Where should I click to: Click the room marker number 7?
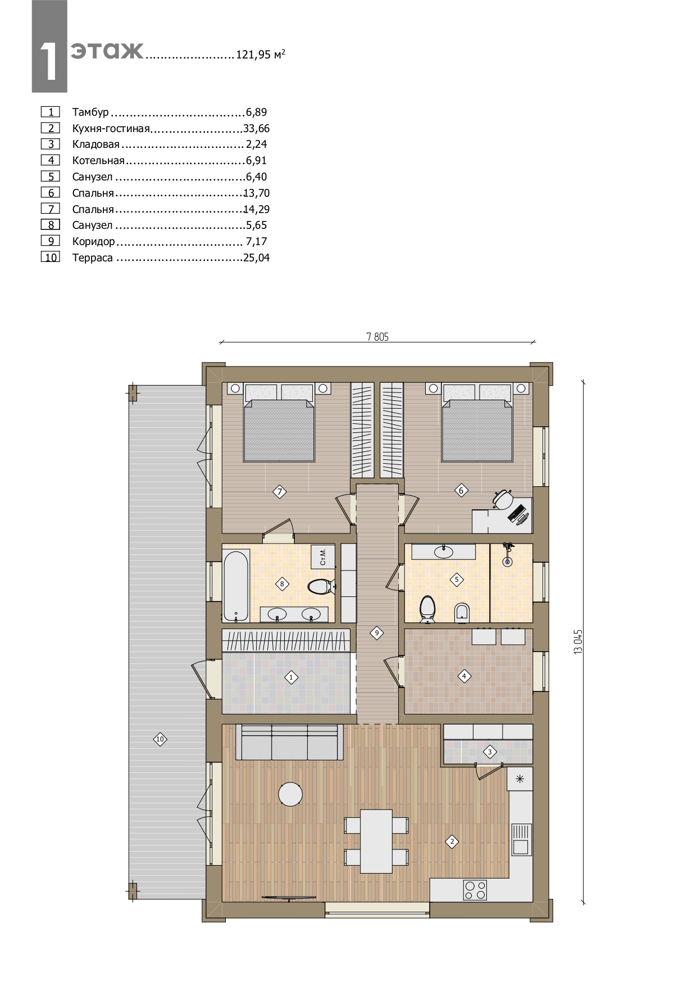[x=280, y=492]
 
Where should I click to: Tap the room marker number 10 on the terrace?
[x=160, y=739]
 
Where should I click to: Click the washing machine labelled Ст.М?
[x=323, y=557]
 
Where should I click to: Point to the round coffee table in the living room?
[x=290, y=794]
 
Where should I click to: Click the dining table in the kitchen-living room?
[x=376, y=841]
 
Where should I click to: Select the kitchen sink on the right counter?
[x=521, y=839]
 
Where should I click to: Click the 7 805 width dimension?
[x=377, y=337]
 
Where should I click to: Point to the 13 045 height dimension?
[x=578, y=641]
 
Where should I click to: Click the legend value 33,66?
[x=256, y=129]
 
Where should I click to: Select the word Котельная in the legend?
[x=98, y=161]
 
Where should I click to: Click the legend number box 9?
[x=51, y=241]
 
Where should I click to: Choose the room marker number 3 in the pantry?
[x=490, y=752]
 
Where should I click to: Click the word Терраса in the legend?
[x=93, y=258]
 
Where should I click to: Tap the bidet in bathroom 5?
[x=462, y=611]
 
